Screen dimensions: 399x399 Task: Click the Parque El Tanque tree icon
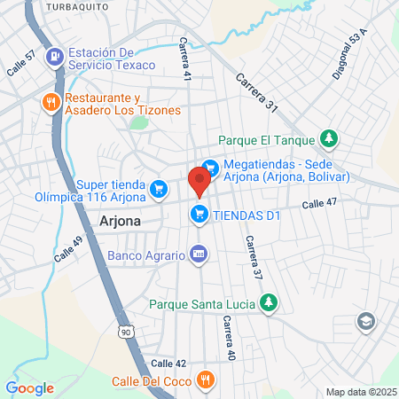point(329,138)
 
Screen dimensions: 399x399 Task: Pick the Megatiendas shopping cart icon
point(210,166)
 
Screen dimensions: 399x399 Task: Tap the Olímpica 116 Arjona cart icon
point(159,187)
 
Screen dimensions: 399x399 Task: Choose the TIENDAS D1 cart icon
point(199,214)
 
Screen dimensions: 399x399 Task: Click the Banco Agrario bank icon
point(199,254)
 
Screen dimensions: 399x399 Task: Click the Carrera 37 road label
point(254,258)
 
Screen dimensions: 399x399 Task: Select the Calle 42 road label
point(168,364)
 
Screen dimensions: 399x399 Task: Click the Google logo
point(30,387)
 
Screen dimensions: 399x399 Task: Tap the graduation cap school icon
point(364,320)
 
